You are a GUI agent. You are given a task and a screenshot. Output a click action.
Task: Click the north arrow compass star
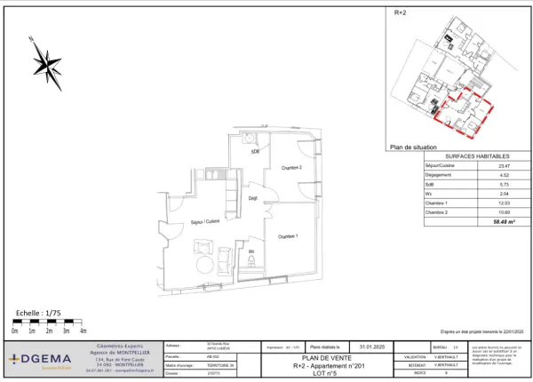[46, 64]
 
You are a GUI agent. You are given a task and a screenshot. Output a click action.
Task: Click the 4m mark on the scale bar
[83, 330]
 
